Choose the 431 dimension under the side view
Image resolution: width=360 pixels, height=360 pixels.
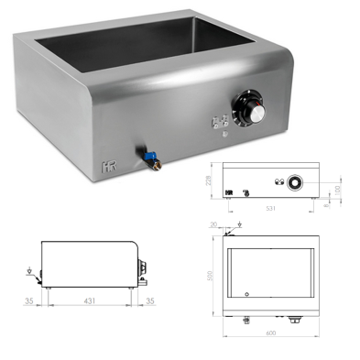tap(91, 299)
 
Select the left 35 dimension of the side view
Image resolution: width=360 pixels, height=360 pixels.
tap(28, 299)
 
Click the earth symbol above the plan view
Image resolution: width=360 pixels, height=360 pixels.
tap(239, 224)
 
